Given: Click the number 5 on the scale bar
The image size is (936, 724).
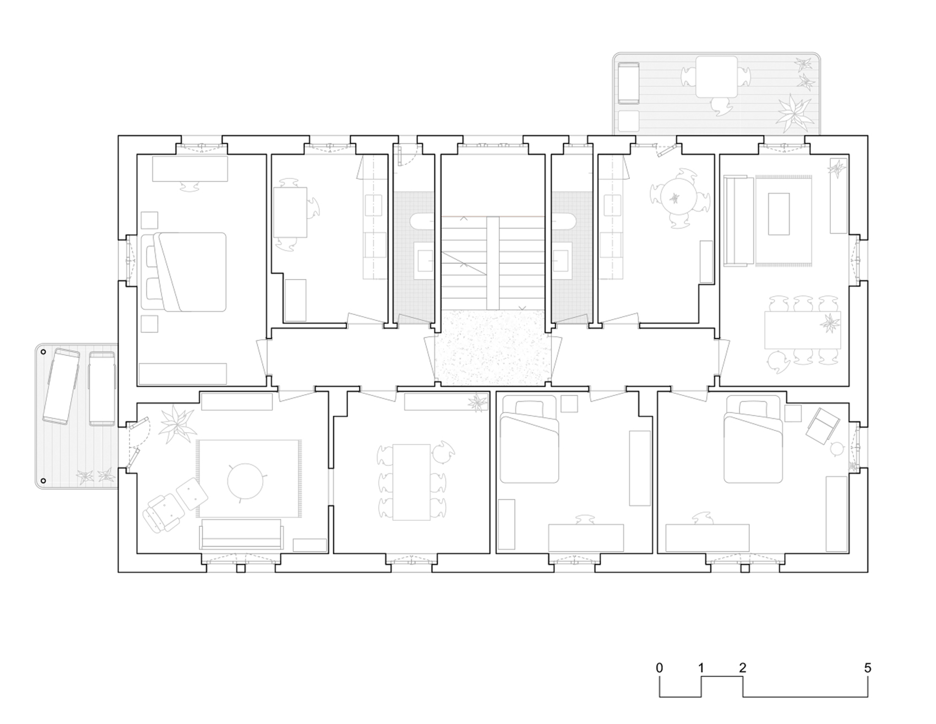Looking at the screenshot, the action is coord(868,668).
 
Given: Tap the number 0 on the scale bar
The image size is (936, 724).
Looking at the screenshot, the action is coord(660,668).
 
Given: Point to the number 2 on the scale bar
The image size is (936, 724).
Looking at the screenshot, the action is coord(743,668).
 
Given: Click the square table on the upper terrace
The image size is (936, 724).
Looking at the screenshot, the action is coord(717,77).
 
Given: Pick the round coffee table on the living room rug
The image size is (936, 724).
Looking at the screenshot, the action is coord(246,480).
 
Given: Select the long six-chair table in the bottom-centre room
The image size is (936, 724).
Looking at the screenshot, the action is coord(411,482).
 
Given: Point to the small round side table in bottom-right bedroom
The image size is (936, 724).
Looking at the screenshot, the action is coord(837,449).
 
